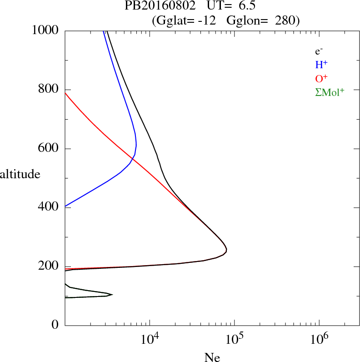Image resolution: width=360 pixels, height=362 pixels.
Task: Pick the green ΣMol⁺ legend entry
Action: click(x=330, y=92)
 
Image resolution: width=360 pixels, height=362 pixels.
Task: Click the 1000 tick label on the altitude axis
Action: click(x=46, y=30)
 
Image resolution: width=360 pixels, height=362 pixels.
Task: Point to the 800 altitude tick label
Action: click(x=49, y=90)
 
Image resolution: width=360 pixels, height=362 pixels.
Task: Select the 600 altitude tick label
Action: click(x=49, y=149)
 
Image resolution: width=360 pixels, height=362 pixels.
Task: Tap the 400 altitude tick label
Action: click(x=49, y=207)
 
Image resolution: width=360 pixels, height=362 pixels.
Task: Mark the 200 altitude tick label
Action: click(x=49, y=266)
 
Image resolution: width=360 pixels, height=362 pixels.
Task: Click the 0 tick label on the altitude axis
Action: click(x=55, y=325)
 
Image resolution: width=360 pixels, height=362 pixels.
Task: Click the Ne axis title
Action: click(x=212, y=357)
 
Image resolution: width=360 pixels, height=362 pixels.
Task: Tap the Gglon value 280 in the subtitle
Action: click(x=284, y=20)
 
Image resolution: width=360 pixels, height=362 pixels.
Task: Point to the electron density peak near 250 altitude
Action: click(x=226, y=250)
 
